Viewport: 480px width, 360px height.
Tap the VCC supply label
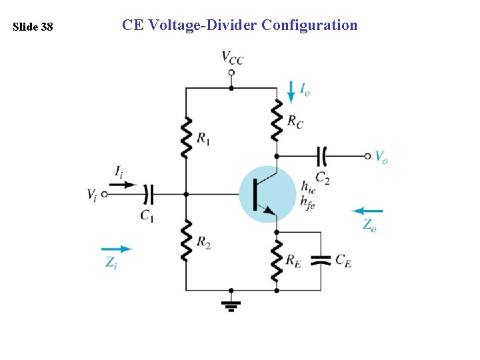tap(232, 58)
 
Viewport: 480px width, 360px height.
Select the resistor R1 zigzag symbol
tap(186, 137)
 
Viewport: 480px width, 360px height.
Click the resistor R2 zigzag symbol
tap(186, 240)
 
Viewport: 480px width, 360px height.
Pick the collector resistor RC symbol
tap(276, 120)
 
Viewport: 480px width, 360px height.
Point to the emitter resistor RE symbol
tap(276, 261)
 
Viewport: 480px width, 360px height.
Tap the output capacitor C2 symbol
tap(322, 156)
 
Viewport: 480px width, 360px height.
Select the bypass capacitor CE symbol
tap(321, 260)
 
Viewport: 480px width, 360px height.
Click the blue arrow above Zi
tap(117, 249)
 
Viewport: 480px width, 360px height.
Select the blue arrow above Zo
tap(367, 211)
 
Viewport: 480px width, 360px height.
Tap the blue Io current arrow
tap(291, 92)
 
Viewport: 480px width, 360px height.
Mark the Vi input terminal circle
tap(104, 195)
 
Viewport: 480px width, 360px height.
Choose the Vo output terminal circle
tap(367, 156)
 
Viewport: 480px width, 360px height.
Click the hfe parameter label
tap(307, 202)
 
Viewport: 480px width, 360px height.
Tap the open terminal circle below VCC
tap(231, 71)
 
